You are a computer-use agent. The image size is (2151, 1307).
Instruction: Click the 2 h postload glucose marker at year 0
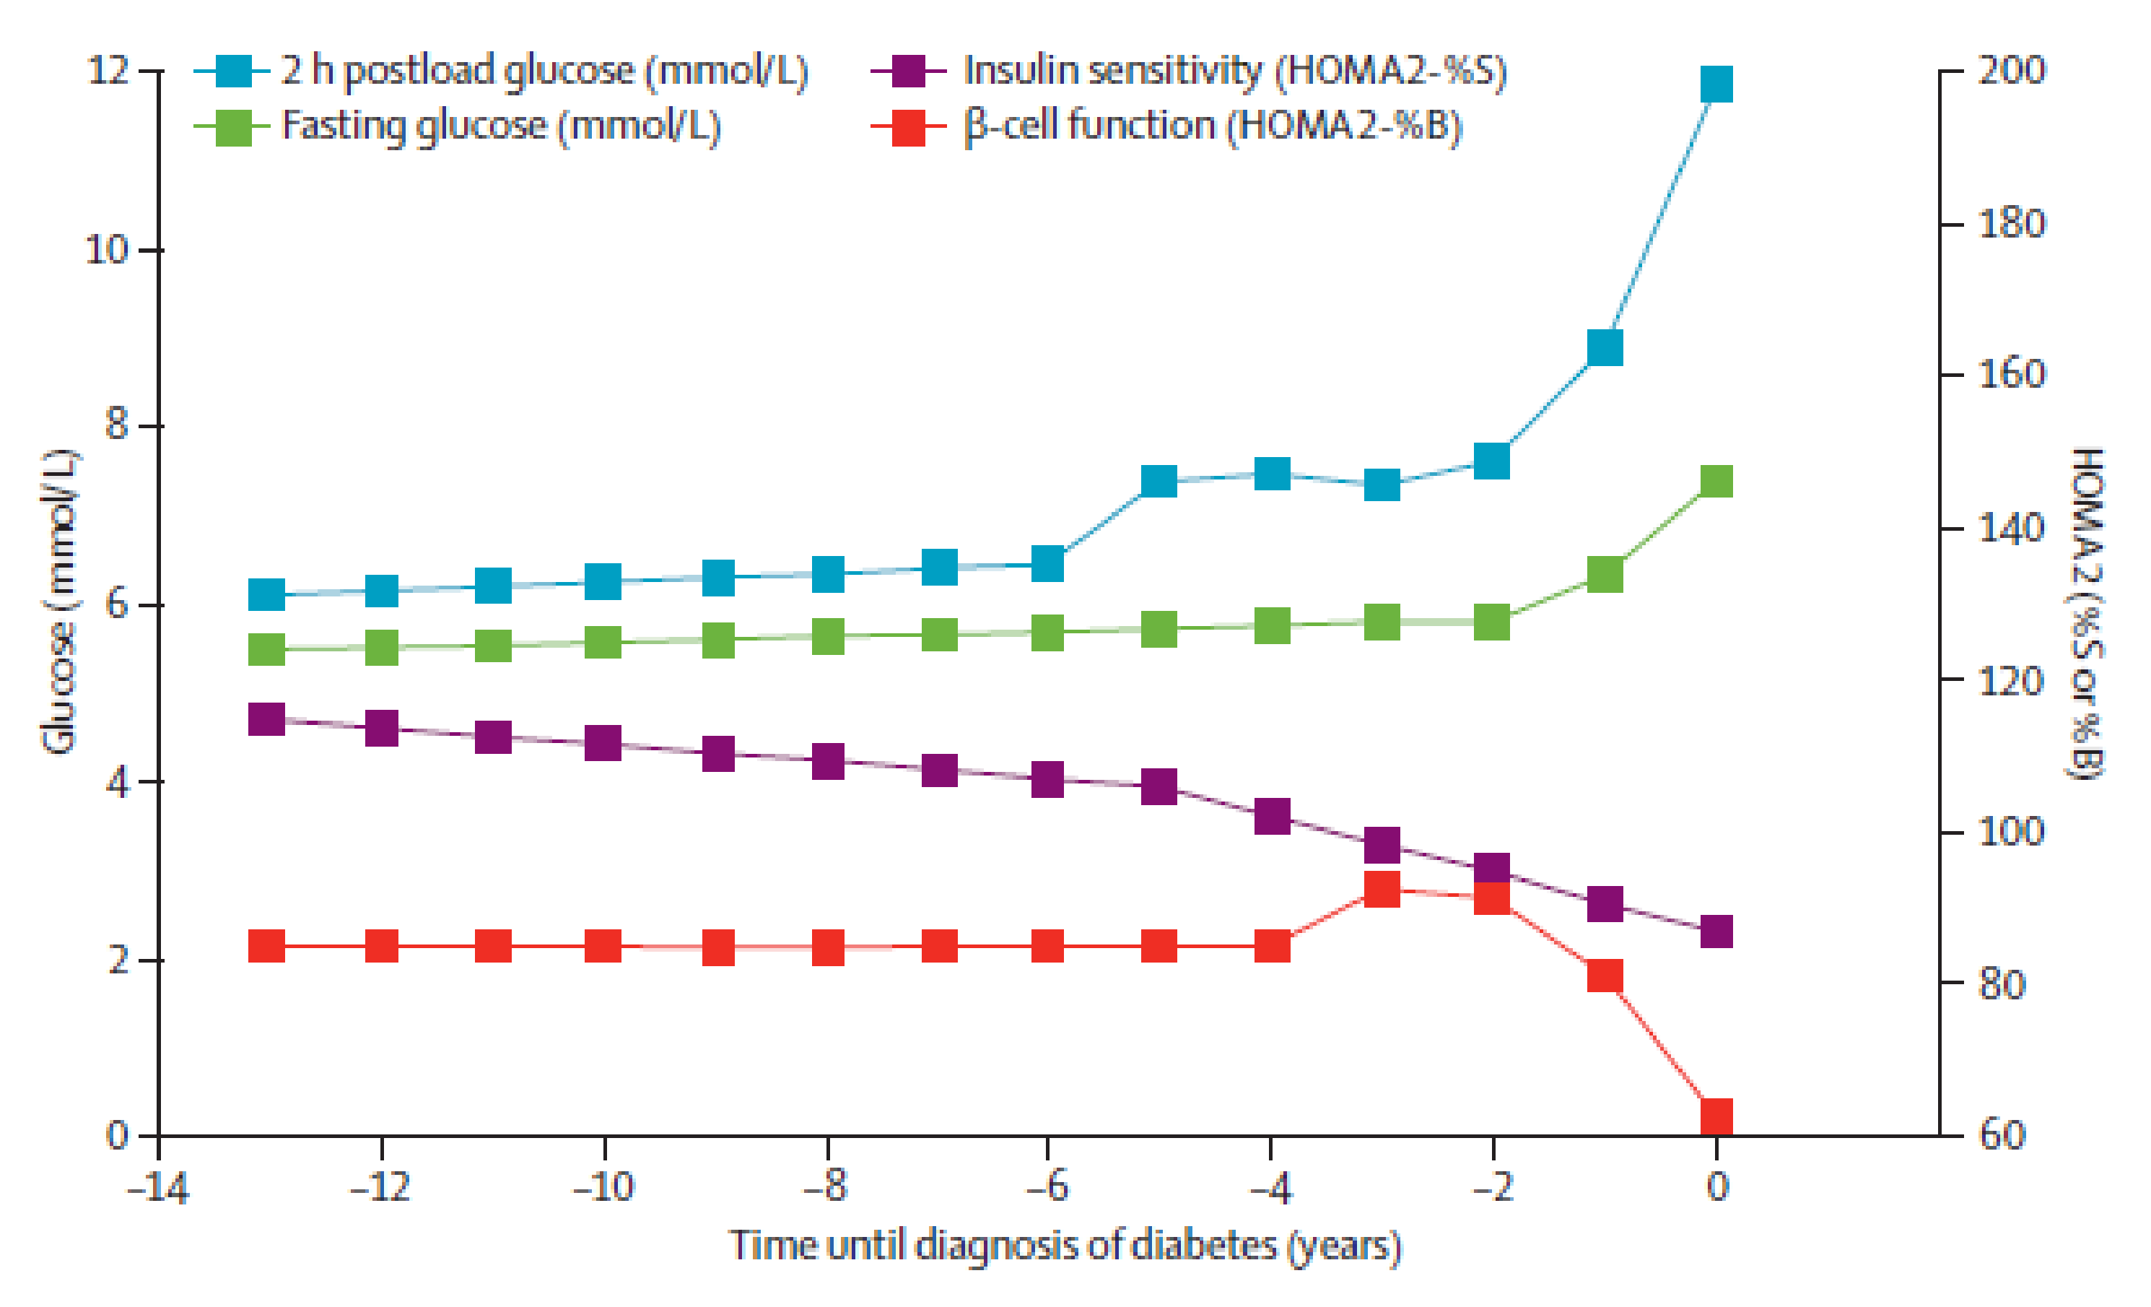(x=1716, y=84)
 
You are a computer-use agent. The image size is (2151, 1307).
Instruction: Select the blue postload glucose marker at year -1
(x=1605, y=347)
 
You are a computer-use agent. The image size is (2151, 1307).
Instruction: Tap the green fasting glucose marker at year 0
(x=1716, y=481)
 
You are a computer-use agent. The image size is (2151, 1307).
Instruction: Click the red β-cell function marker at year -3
(x=1382, y=890)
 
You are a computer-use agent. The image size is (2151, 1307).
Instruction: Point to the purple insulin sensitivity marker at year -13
(x=267, y=719)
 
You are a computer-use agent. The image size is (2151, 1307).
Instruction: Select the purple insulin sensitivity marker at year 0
(x=1716, y=931)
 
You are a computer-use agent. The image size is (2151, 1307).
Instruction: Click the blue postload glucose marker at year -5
(x=1159, y=480)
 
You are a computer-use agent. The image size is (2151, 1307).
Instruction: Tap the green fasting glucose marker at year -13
(x=267, y=650)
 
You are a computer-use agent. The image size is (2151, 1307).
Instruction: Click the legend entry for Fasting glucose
(x=501, y=126)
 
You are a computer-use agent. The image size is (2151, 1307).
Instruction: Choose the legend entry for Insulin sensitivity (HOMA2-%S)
(x=1234, y=71)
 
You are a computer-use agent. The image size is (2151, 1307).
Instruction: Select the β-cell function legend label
(x=1213, y=126)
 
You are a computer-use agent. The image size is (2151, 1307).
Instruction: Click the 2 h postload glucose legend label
(x=544, y=71)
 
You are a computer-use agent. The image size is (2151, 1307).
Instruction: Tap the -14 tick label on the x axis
(x=158, y=1187)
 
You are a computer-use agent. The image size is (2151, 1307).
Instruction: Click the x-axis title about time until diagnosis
(x=1065, y=1246)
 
